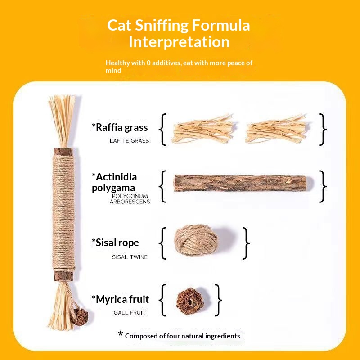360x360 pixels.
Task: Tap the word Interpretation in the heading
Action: pos(179,42)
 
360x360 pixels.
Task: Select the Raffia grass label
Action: pos(120,127)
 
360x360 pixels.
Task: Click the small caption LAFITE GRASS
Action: pos(129,141)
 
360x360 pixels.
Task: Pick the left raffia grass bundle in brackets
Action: pos(202,128)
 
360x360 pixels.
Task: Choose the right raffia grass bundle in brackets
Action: pos(278,129)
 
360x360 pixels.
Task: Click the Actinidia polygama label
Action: pos(114,182)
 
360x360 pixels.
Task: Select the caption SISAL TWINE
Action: pos(130,257)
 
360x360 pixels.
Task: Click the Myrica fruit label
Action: pos(120,299)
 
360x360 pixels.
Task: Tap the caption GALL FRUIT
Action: pos(130,313)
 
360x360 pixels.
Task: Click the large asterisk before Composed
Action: pos(120,334)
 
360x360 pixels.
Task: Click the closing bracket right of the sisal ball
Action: pos(245,243)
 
